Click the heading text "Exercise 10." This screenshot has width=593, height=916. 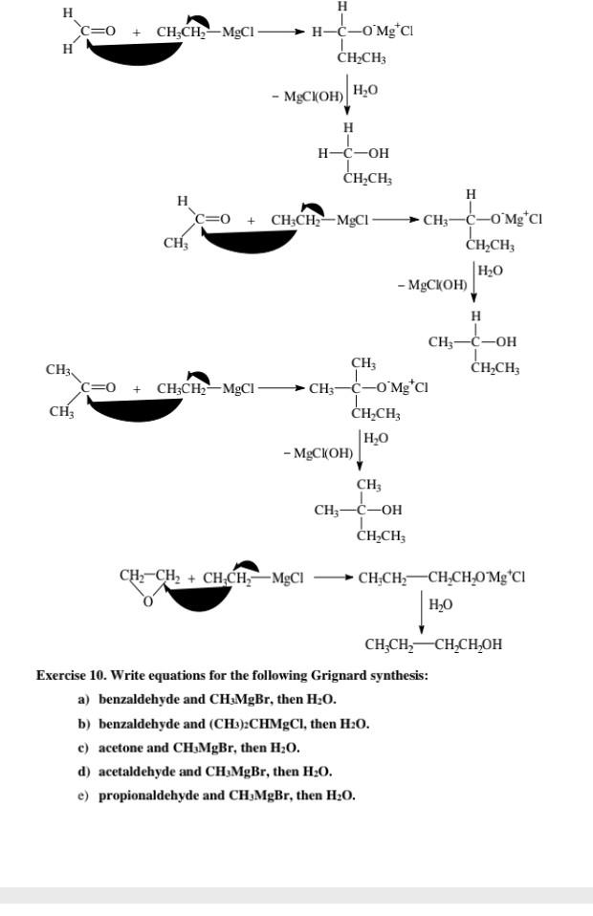click(x=73, y=675)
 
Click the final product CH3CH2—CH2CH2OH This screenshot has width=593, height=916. click(x=433, y=644)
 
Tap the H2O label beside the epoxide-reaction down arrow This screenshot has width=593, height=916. click(x=441, y=605)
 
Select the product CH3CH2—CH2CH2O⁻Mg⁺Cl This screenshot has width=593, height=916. click(x=441, y=578)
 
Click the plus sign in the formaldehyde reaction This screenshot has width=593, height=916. click(x=137, y=33)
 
